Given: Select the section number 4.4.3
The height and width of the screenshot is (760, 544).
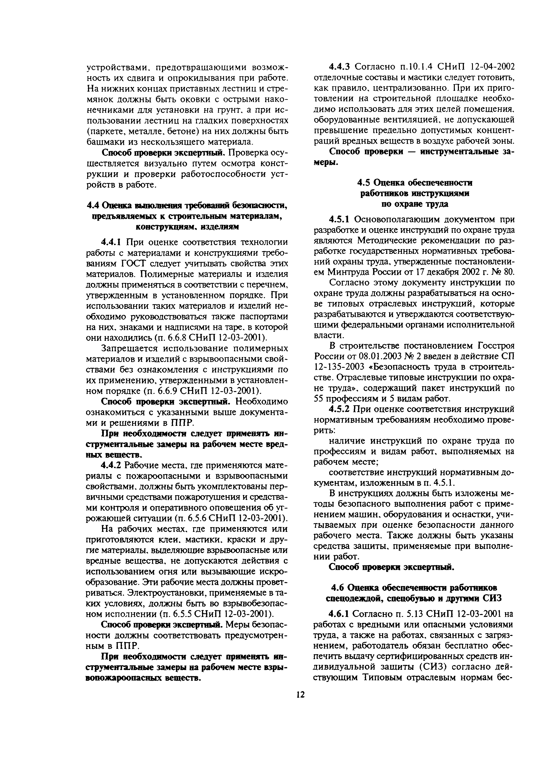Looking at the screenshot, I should (339, 67).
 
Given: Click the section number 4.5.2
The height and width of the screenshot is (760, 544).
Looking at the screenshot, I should (339, 409).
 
